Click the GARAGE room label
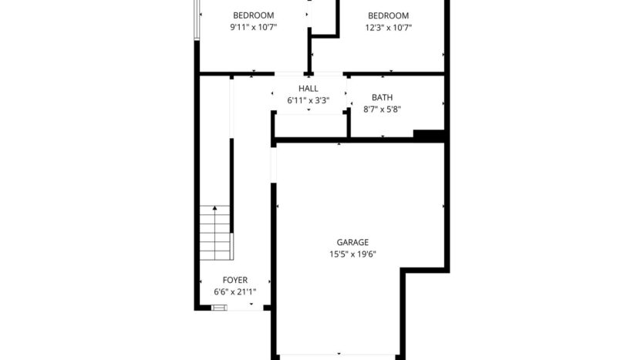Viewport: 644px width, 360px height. pos(352,242)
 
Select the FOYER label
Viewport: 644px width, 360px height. pos(235,281)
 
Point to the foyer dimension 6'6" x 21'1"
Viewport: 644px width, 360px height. pos(234,292)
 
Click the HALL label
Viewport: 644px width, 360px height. pos(309,89)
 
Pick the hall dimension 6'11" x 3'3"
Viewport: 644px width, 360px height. pos(309,100)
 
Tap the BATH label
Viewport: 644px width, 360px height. pos(382,98)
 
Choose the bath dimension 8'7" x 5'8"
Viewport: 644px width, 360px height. pos(382,109)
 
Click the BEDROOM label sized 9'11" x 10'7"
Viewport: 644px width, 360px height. pos(254,15)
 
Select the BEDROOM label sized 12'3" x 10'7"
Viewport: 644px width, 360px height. pos(388,15)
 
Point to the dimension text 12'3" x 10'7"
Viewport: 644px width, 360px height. pos(388,28)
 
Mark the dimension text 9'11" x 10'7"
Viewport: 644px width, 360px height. pos(254,28)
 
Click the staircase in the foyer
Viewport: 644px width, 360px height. pos(215,233)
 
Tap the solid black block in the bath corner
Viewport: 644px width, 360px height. pos(430,135)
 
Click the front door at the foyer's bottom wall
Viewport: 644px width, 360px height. pos(219,308)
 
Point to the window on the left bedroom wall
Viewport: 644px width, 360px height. pos(198,19)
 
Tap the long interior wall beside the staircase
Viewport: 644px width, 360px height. pos(231,185)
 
